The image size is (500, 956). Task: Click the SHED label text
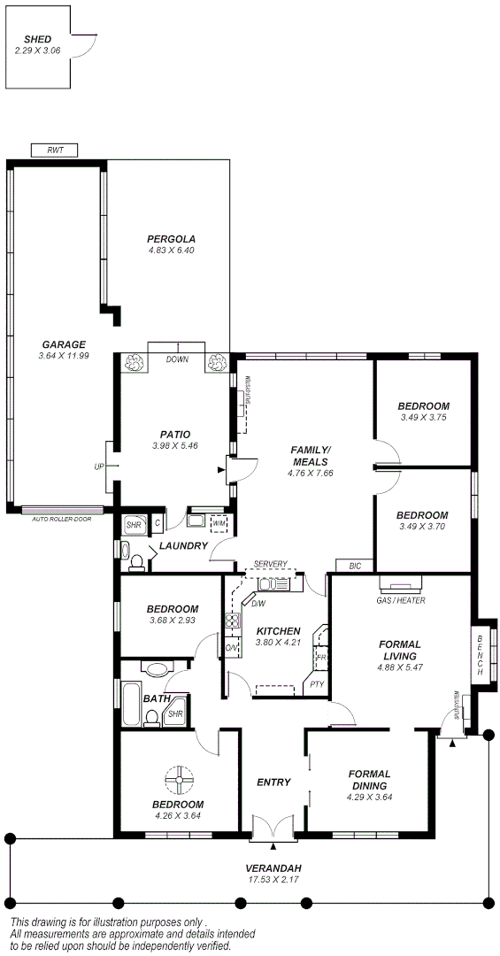[36, 40]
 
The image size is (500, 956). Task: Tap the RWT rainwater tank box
[55, 150]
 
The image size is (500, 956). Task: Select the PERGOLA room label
[171, 239]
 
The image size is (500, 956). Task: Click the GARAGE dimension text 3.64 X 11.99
[63, 356]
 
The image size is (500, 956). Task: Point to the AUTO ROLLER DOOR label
[61, 519]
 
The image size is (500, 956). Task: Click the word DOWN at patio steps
[177, 360]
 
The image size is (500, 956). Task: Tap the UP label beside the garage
[99, 466]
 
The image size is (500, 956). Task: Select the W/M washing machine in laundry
[219, 524]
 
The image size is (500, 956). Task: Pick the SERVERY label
[270, 564]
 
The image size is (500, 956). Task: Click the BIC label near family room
[355, 566]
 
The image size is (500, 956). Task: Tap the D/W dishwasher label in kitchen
[258, 604]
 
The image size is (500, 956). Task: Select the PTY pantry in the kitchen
[316, 683]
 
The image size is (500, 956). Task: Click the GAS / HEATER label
[400, 600]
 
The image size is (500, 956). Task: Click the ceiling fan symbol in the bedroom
[179, 779]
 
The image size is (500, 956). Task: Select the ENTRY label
[273, 782]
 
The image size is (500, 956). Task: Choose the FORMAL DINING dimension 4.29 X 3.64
[369, 797]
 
